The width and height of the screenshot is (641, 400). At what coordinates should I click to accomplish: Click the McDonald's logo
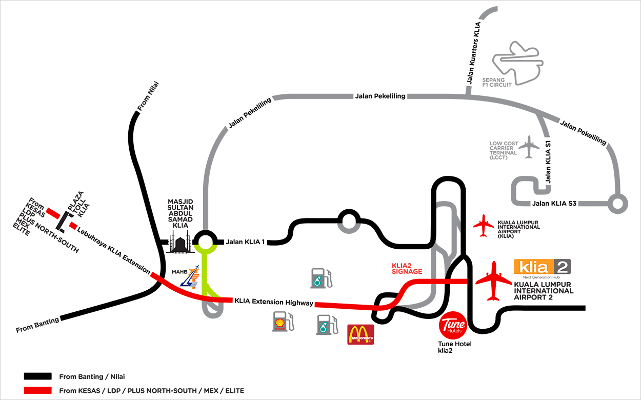360,334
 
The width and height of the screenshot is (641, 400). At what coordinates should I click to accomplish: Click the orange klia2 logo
542,267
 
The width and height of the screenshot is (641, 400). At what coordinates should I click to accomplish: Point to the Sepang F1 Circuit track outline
516,62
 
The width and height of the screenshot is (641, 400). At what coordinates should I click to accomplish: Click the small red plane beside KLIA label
484,226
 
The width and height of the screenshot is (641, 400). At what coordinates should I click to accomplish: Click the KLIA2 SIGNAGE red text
407,268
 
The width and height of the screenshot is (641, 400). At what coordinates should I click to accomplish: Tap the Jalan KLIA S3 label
555,204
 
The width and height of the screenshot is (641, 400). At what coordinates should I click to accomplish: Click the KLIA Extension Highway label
273,302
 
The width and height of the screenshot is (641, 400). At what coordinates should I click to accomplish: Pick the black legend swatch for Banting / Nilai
37,376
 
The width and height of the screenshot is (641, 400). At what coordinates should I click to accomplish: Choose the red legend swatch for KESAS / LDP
37,390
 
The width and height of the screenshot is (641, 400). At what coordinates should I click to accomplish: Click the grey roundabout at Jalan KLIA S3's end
617,204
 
